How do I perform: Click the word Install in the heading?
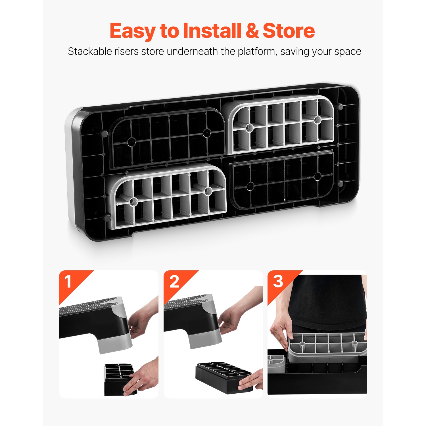pos(212,30)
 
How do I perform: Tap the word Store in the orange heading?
pos(289,30)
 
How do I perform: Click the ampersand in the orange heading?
pos(252,30)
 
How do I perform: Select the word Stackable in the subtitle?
pos(89,51)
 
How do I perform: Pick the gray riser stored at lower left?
pos(168,196)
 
